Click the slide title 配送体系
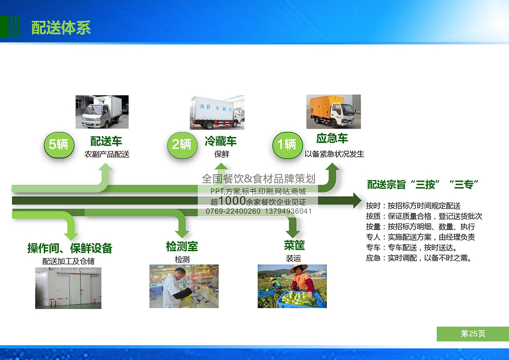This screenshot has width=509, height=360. pos(61,28)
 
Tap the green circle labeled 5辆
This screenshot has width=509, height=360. pos(59,145)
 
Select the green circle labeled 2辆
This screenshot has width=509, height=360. pos(182,145)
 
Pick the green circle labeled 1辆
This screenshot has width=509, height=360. pos(287,145)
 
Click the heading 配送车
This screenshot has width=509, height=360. pos(106,141)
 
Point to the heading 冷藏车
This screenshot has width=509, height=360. pos(221,141)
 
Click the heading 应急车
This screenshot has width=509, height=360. pos(332,138)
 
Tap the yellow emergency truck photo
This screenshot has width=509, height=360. pos(333,112)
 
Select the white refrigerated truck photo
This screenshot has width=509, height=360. pos(217,112)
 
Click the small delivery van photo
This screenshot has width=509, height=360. pos(102,112)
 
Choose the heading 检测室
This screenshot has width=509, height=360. pos(182,246)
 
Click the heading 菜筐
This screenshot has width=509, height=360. pos(294,245)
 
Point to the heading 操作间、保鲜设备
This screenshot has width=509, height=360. pos(70,248)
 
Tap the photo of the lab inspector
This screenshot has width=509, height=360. pos(184,286)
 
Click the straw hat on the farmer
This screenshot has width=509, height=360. pos(299,268)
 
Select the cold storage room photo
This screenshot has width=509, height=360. pos(68,288)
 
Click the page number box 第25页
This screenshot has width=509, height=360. pos(473,334)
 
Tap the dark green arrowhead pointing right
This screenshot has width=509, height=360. pos(357,201)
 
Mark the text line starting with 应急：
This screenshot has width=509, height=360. pos(419,258)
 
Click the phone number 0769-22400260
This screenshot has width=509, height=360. pos(233,211)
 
